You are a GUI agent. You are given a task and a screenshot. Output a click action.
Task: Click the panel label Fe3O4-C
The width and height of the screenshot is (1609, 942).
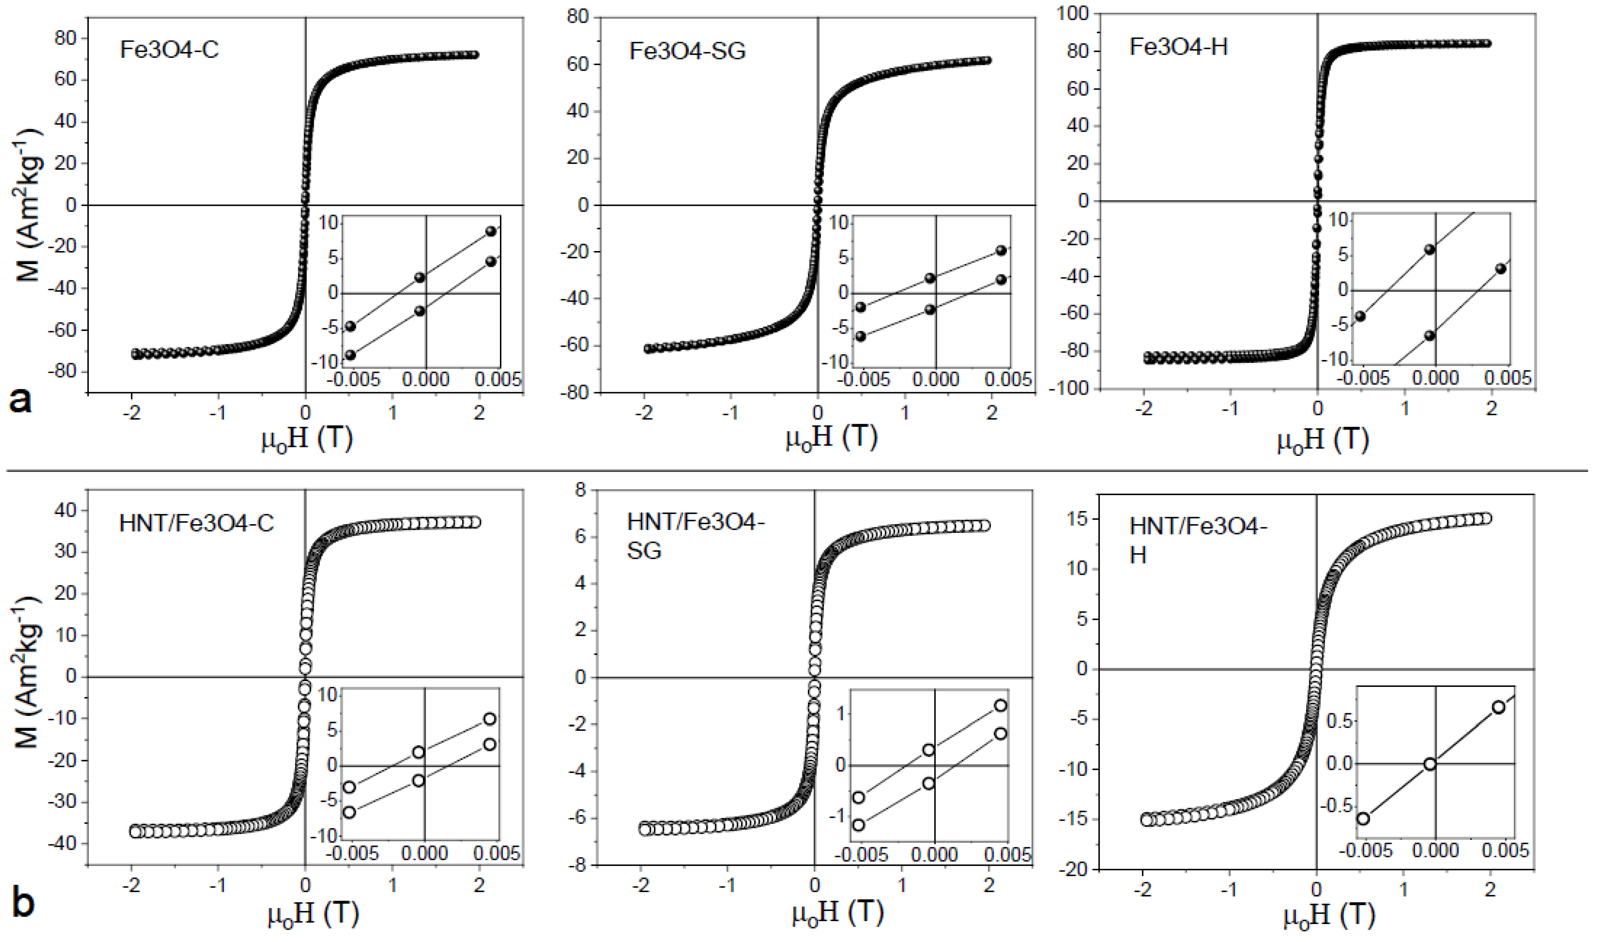pyautogui.click(x=169, y=50)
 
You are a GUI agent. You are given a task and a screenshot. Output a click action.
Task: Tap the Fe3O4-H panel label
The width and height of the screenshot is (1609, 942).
pyautogui.click(x=1178, y=47)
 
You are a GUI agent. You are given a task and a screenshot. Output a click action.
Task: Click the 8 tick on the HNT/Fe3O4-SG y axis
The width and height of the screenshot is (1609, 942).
pyautogui.click(x=580, y=490)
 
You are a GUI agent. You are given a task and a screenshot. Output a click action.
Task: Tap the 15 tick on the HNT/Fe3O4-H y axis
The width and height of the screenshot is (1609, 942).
pyautogui.click(x=1079, y=519)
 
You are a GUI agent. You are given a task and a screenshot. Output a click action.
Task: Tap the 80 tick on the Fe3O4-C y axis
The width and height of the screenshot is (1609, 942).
pyautogui.click(x=65, y=38)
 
